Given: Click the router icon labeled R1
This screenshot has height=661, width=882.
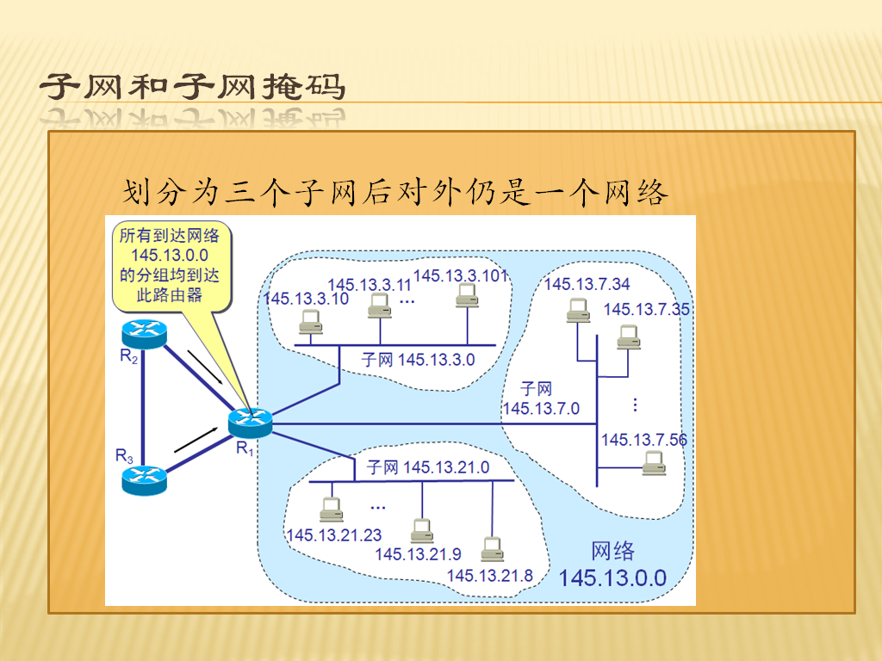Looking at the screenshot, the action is coord(251,423).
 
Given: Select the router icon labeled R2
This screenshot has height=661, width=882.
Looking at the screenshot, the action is coord(145,334).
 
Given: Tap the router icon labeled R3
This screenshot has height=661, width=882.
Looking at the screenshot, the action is coord(145,480).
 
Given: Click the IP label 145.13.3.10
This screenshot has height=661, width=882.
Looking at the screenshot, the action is coord(306,299).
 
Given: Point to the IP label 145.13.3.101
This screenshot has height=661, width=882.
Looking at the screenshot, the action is coord(462,275).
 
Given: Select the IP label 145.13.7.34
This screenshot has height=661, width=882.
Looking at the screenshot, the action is coord(587,284).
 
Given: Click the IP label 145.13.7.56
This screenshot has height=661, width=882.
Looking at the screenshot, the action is coord(644,440).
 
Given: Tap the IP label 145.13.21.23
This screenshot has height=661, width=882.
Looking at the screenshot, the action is coord(334,535).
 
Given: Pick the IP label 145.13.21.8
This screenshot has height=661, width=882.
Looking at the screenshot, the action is coord(490,576).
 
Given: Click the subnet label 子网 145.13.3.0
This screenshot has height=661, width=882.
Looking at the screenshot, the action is coord(418,360).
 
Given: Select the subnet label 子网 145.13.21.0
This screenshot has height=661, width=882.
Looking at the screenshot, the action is coord(428,467).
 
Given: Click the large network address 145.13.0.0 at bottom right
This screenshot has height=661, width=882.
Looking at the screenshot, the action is coord(612,578).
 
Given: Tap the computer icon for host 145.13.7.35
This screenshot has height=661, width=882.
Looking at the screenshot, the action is coord(628,337).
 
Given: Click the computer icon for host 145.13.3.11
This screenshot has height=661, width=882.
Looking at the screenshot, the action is coord(380,306).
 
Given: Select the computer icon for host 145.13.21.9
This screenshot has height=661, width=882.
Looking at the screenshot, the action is coord(422,531).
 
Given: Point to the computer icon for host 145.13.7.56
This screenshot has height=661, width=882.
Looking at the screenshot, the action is coord(655,464).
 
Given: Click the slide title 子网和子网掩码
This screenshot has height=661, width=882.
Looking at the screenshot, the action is coord(192,87).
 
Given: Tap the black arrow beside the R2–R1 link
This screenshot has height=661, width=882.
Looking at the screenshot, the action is coord(205,368).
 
